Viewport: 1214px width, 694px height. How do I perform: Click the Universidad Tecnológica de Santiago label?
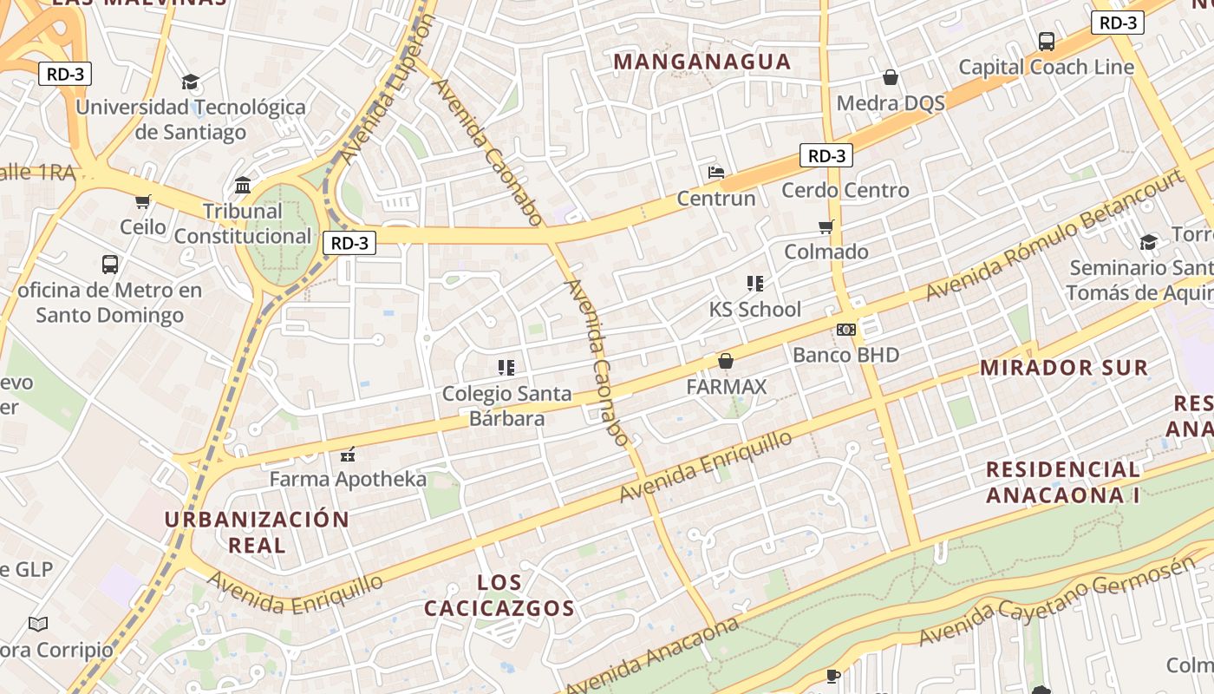tap(191, 120)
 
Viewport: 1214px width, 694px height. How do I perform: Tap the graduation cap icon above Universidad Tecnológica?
tap(190, 82)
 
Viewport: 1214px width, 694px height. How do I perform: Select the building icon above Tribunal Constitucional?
tap(243, 186)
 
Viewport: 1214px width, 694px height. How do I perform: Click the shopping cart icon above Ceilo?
tap(143, 201)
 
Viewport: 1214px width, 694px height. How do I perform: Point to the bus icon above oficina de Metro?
tap(110, 264)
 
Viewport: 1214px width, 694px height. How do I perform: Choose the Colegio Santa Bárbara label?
tap(507, 405)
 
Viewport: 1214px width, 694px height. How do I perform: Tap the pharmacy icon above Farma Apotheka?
tap(349, 454)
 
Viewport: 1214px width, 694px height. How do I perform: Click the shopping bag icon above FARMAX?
tap(726, 361)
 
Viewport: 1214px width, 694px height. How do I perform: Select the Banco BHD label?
tap(845, 355)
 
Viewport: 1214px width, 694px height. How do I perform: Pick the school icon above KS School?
tap(754, 283)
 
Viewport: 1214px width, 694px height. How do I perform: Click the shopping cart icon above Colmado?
tap(826, 226)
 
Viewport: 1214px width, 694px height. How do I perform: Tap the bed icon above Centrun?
tap(716, 172)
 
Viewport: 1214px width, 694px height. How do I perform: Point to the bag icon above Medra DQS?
tap(890, 77)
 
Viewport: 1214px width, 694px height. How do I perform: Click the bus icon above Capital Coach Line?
tap(1046, 41)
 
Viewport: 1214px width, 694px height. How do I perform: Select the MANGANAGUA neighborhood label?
tap(702, 62)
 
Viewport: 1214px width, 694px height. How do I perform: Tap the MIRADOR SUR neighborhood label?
tap(1064, 367)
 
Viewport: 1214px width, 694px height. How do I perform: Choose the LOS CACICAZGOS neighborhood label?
tap(499, 595)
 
